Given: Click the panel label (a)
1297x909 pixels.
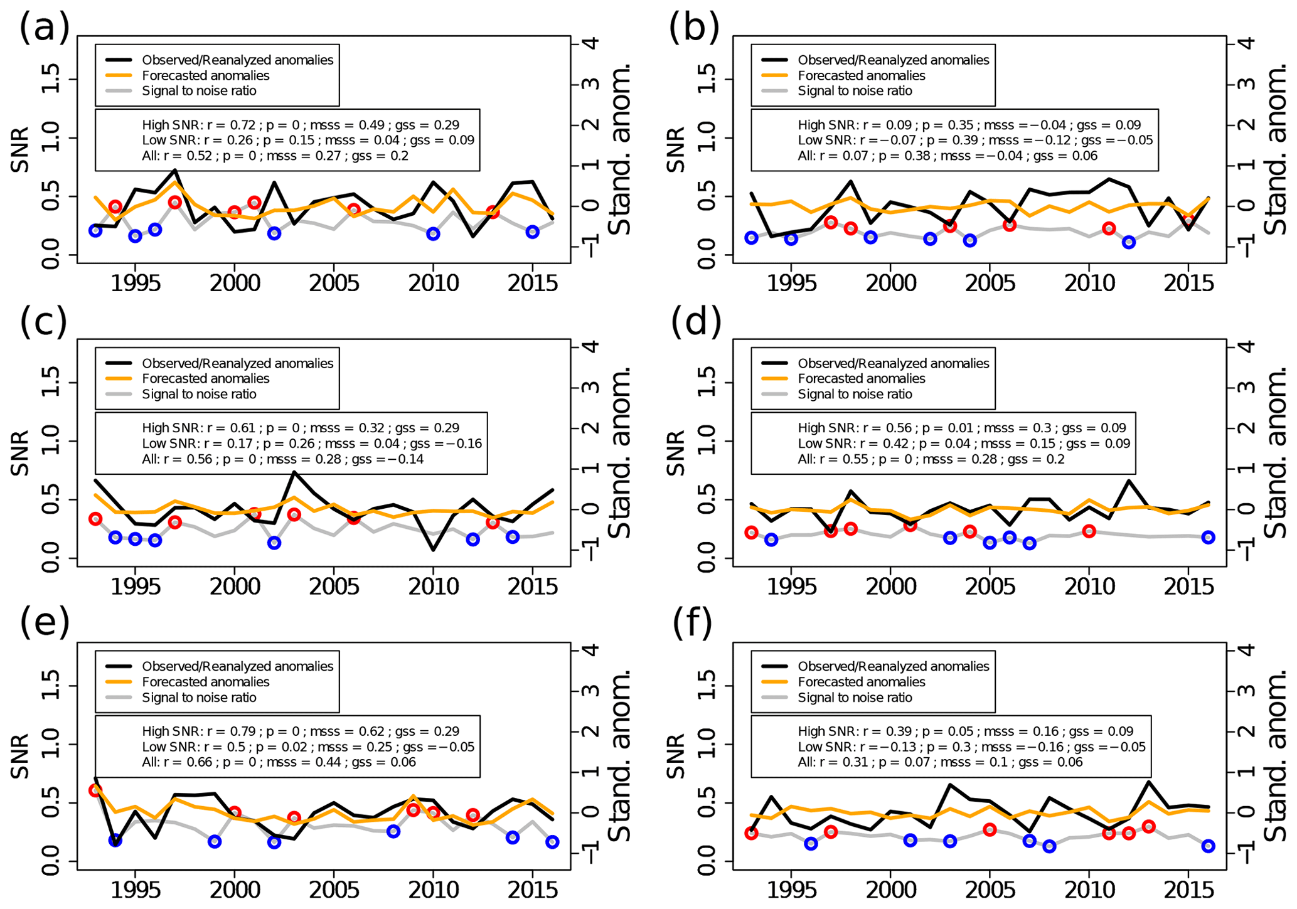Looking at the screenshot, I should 44,28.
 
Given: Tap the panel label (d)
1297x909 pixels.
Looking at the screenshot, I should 695,322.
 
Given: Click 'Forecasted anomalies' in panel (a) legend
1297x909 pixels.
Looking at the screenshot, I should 205,76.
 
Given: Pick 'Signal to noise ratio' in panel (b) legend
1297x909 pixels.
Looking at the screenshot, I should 855,91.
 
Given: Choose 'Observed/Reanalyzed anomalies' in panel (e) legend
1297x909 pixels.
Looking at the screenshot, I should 237,666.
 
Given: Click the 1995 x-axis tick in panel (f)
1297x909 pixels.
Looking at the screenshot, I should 791,889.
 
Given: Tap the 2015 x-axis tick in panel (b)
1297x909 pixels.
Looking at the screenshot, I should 1188,283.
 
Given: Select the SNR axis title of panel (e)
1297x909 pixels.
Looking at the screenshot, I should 21,757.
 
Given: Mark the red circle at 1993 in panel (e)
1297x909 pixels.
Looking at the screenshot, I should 95,790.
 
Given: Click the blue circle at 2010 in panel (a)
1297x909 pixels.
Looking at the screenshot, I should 433,234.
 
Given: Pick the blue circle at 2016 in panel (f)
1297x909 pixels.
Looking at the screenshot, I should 1208,846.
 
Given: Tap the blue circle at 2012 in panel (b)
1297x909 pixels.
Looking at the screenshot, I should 1129,242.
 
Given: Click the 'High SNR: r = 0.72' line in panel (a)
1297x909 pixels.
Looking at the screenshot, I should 300,125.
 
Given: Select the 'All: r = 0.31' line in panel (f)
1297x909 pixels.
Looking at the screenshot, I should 940,762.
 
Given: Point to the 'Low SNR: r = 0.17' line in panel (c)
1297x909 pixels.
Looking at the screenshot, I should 311,444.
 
